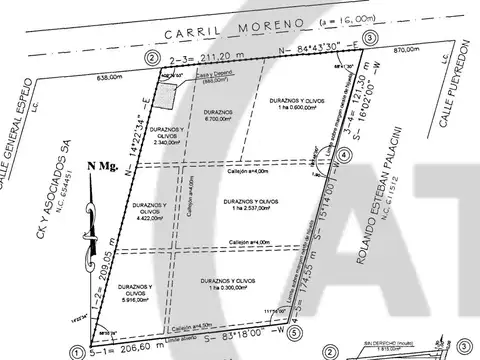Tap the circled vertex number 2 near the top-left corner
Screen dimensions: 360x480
(x=150, y=58)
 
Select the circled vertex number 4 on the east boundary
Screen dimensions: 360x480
(x=345, y=156)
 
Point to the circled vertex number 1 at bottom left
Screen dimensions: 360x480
(x=76, y=351)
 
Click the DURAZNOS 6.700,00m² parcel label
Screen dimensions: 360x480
(x=218, y=115)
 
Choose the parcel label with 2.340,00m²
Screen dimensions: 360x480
(x=168, y=137)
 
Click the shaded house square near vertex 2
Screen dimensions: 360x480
(x=176, y=93)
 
